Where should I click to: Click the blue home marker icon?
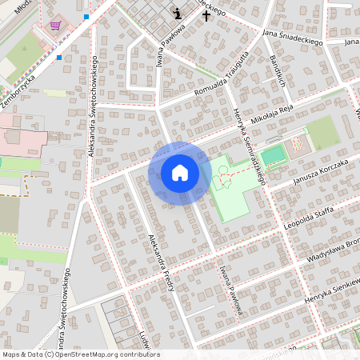pos(180,174)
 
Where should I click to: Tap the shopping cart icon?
pos(55,26)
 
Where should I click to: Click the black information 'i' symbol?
pos(178,14)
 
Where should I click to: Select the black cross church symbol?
pos(206,14)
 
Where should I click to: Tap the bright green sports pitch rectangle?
pos(273,154)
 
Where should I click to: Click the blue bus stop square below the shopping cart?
pos(58,57)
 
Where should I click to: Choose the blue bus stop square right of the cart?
pos(86,16)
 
